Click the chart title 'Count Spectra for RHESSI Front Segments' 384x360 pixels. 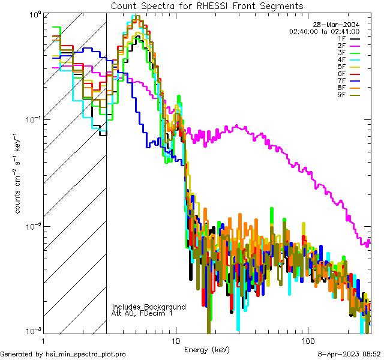click(207, 5)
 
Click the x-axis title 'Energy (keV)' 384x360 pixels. click(207, 349)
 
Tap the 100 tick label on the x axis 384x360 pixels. click(307, 340)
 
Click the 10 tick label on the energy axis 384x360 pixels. click(175, 340)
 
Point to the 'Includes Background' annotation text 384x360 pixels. click(149, 307)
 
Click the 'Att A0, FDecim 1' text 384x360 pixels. click(143, 313)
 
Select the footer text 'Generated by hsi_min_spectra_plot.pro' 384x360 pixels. click(63, 354)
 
